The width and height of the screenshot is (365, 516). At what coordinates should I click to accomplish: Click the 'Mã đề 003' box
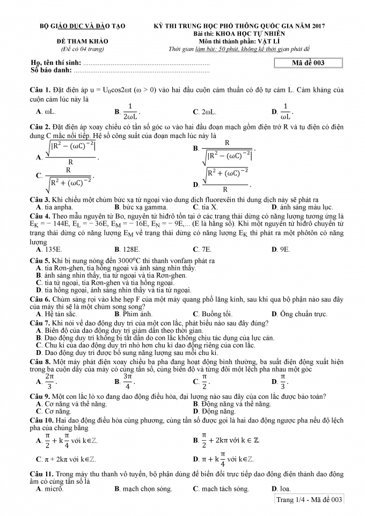[x=308, y=63]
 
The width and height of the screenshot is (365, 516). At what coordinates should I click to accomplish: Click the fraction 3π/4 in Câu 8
[x=128, y=382]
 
